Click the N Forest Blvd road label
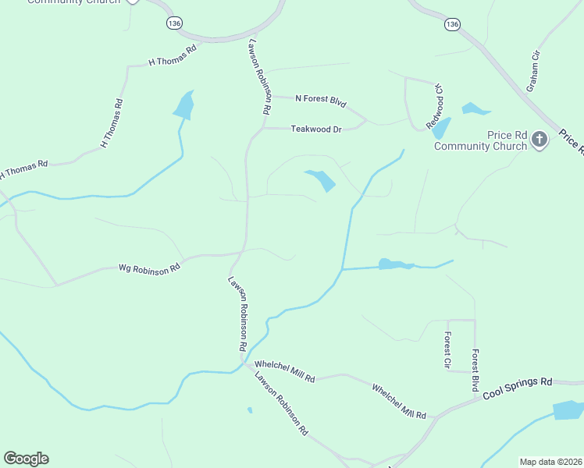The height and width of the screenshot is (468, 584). coord(320,100)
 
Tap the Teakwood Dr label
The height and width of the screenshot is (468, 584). coord(316,129)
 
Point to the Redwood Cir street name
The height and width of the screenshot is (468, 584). coord(434,106)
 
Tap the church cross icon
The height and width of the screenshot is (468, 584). coord(539,140)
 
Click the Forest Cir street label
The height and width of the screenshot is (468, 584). coord(447,351)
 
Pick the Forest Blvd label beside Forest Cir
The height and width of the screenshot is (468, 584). coord(475,370)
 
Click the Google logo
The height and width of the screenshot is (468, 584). coord(26,459)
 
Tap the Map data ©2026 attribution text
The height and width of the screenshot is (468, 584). coord(550,462)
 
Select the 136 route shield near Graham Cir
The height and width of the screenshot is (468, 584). coord(452,24)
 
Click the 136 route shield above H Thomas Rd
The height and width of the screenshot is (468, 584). coord(174,23)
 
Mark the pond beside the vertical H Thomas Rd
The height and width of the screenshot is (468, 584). coord(184,105)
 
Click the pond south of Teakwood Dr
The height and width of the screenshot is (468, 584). coord(321,180)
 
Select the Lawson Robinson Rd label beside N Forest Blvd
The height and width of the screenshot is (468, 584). coord(259,78)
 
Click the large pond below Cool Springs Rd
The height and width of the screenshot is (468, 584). coord(568,410)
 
